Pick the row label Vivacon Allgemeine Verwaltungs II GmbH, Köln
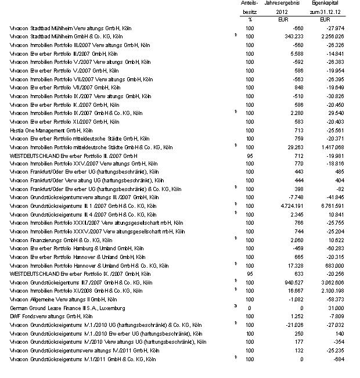click(63, 299)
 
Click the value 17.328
click(281, 265)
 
